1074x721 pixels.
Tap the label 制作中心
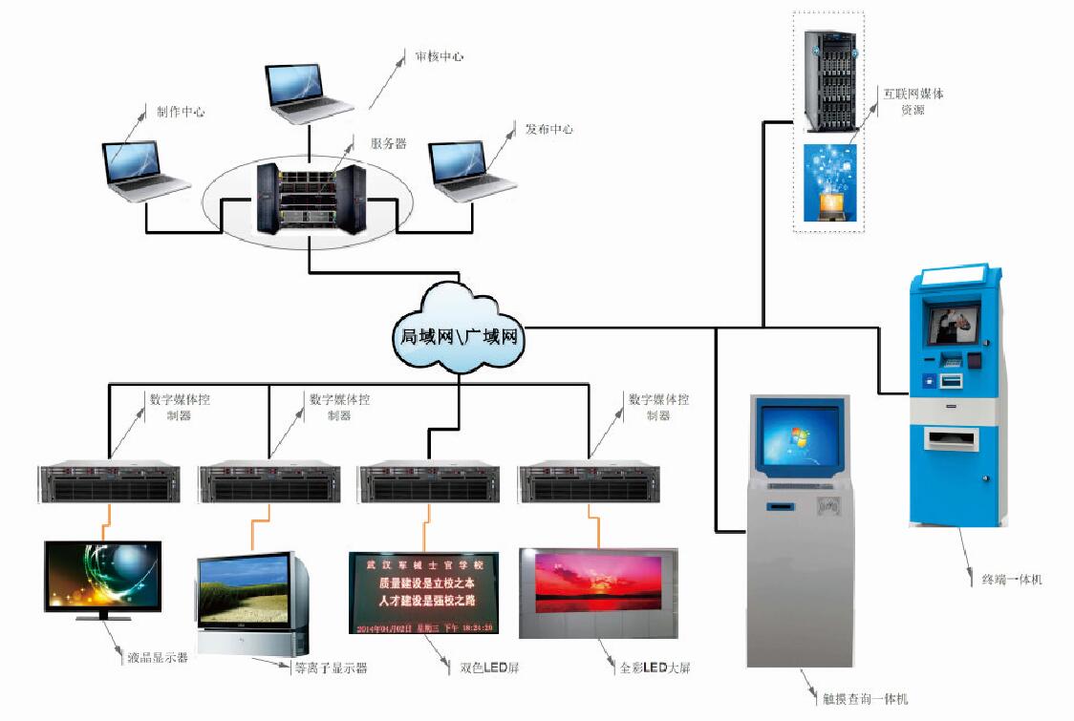181,112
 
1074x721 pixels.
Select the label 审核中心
439,56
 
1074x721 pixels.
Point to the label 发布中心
548,129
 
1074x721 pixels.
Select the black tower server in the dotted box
828,81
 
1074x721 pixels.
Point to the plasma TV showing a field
250,602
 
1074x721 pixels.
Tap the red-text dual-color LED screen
422,592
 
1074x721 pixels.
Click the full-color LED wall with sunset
597,591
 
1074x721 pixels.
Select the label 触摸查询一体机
865,699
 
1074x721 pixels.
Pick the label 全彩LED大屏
654,668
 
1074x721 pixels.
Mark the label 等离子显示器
330,668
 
